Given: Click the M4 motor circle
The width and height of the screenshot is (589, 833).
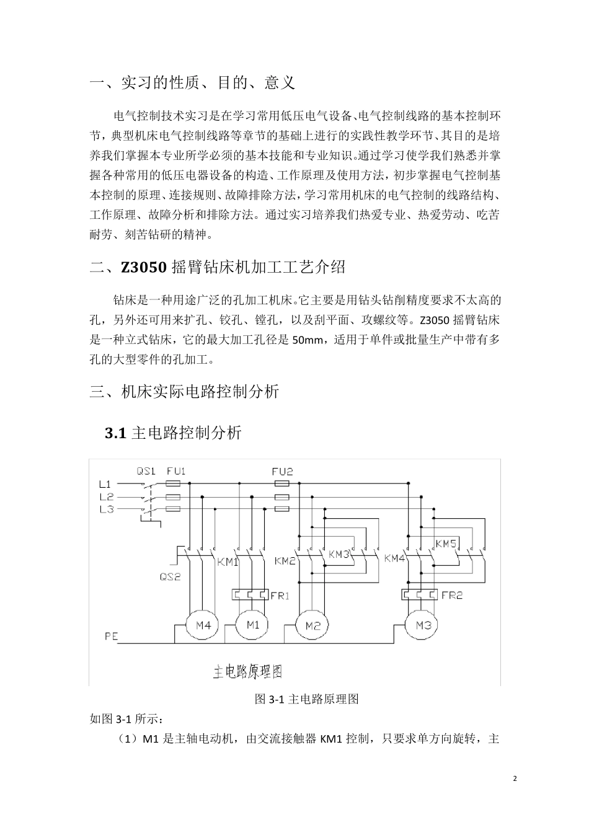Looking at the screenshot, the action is tap(203, 626).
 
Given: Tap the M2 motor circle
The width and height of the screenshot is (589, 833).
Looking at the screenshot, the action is tap(312, 626).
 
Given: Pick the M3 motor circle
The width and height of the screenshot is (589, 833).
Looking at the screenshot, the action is tap(423, 625).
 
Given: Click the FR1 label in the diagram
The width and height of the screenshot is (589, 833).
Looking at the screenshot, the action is tap(280, 596).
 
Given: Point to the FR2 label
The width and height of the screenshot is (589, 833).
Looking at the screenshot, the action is tap(452, 595).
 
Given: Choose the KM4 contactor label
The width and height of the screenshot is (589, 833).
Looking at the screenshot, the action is tap(395, 558).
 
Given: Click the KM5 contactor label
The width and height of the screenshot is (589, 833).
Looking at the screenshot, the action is tap(446, 544).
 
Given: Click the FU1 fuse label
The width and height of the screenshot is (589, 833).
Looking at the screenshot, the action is tap(176, 471).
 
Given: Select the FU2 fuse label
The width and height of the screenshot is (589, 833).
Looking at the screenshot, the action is tap(282, 471).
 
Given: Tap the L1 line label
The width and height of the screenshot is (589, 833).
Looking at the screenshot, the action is tap(105, 483).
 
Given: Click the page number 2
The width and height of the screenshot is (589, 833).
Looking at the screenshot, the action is tap(515, 778).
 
